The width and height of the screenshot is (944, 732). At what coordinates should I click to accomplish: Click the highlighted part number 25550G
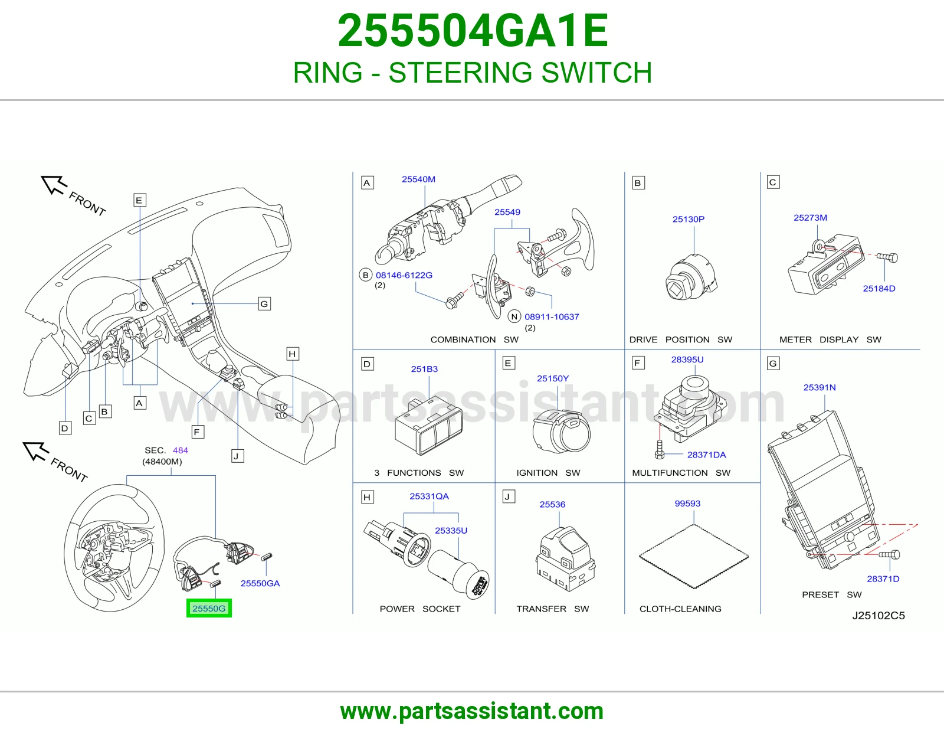tap(209, 608)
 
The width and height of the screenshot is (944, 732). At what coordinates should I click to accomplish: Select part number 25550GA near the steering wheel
tap(260, 583)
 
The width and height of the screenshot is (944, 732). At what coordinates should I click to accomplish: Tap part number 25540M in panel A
tap(418, 179)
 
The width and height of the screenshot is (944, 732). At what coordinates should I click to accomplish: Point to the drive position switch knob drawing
tap(691, 277)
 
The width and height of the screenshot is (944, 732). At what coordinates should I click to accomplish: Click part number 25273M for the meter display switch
tap(810, 218)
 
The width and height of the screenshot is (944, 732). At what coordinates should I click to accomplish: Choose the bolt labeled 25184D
tap(887, 257)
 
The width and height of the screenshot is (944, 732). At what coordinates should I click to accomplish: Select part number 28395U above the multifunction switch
tap(687, 360)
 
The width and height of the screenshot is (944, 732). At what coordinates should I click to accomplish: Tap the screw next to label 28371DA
tap(659, 449)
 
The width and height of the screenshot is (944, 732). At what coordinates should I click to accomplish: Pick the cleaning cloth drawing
tap(694, 557)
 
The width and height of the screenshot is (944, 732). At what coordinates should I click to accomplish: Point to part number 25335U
tap(451, 530)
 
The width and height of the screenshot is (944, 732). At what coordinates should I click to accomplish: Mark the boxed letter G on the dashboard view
tap(264, 303)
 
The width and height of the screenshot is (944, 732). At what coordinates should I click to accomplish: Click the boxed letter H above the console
tap(293, 354)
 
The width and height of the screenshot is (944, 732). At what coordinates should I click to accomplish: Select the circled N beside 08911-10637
tap(514, 316)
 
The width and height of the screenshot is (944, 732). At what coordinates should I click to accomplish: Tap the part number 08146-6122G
tap(404, 275)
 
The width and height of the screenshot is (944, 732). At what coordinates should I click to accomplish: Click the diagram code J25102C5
tap(879, 616)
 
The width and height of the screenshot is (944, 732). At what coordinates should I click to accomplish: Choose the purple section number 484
tap(181, 450)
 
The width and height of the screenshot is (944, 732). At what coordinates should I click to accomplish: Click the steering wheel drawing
tap(114, 548)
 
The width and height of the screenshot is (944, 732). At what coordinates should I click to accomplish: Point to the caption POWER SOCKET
tap(420, 609)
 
